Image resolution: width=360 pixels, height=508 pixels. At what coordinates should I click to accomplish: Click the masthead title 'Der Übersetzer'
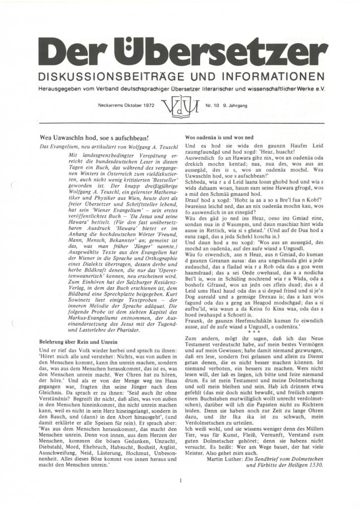[x=180, y=54]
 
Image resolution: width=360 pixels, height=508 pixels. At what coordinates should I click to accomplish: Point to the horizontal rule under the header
[x=180, y=123]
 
